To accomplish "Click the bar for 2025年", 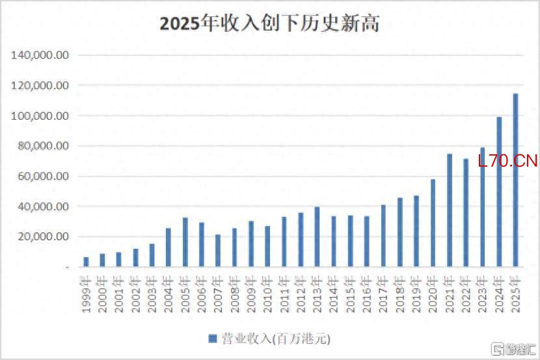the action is click(515, 180).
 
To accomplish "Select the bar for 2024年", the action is click(499, 192).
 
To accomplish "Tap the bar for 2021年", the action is click(450, 210).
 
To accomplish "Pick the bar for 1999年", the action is click(86, 262).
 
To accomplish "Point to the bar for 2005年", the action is click(185, 242).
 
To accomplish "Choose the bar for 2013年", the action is click(317, 237).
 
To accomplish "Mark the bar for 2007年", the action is click(218, 251).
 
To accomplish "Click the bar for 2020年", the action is click(433, 223).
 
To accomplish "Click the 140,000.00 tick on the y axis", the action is click(40, 55).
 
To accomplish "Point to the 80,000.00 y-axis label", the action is click(43, 146).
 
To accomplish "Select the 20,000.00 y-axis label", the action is click(43, 236).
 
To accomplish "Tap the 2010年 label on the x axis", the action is click(267, 294).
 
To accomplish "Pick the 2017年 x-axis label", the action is click(383, 294).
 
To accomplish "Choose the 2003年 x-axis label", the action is click(152, 294).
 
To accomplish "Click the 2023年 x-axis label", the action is click(483, 294).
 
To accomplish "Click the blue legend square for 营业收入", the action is click(213, 339).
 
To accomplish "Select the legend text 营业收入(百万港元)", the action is click(276, 339).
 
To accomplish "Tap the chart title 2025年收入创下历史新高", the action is click(269, 24).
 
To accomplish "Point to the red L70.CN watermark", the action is click(507, 161).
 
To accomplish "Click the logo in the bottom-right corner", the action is click(513, 350).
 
